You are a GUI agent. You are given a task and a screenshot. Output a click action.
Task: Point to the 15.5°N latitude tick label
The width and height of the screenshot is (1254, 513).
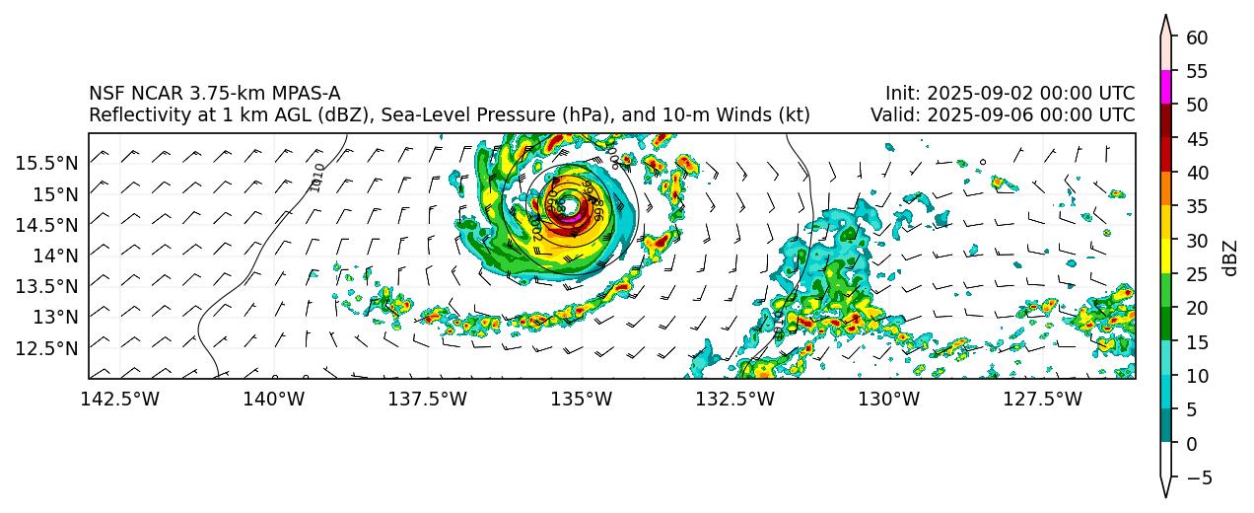click(x=47, y=162)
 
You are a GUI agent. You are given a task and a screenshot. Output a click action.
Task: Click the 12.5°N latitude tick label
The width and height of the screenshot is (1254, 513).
click(x=47, y=347)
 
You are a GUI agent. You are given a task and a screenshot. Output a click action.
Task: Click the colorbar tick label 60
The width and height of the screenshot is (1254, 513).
click(x=1197, y=37)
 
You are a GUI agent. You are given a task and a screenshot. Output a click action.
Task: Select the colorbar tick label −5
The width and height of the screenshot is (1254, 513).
click(x=1197, y=477)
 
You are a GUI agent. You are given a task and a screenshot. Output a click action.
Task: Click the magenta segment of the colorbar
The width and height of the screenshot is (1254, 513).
click(x=1165, y=87)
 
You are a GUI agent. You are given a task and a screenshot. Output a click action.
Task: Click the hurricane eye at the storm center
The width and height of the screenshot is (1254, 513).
click(x=569, y=205)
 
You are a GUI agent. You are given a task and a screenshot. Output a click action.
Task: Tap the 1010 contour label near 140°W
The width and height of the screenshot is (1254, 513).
click(x=317, y=178)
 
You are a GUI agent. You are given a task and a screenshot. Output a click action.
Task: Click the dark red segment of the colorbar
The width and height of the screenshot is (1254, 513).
click(x=1165, y=120)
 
